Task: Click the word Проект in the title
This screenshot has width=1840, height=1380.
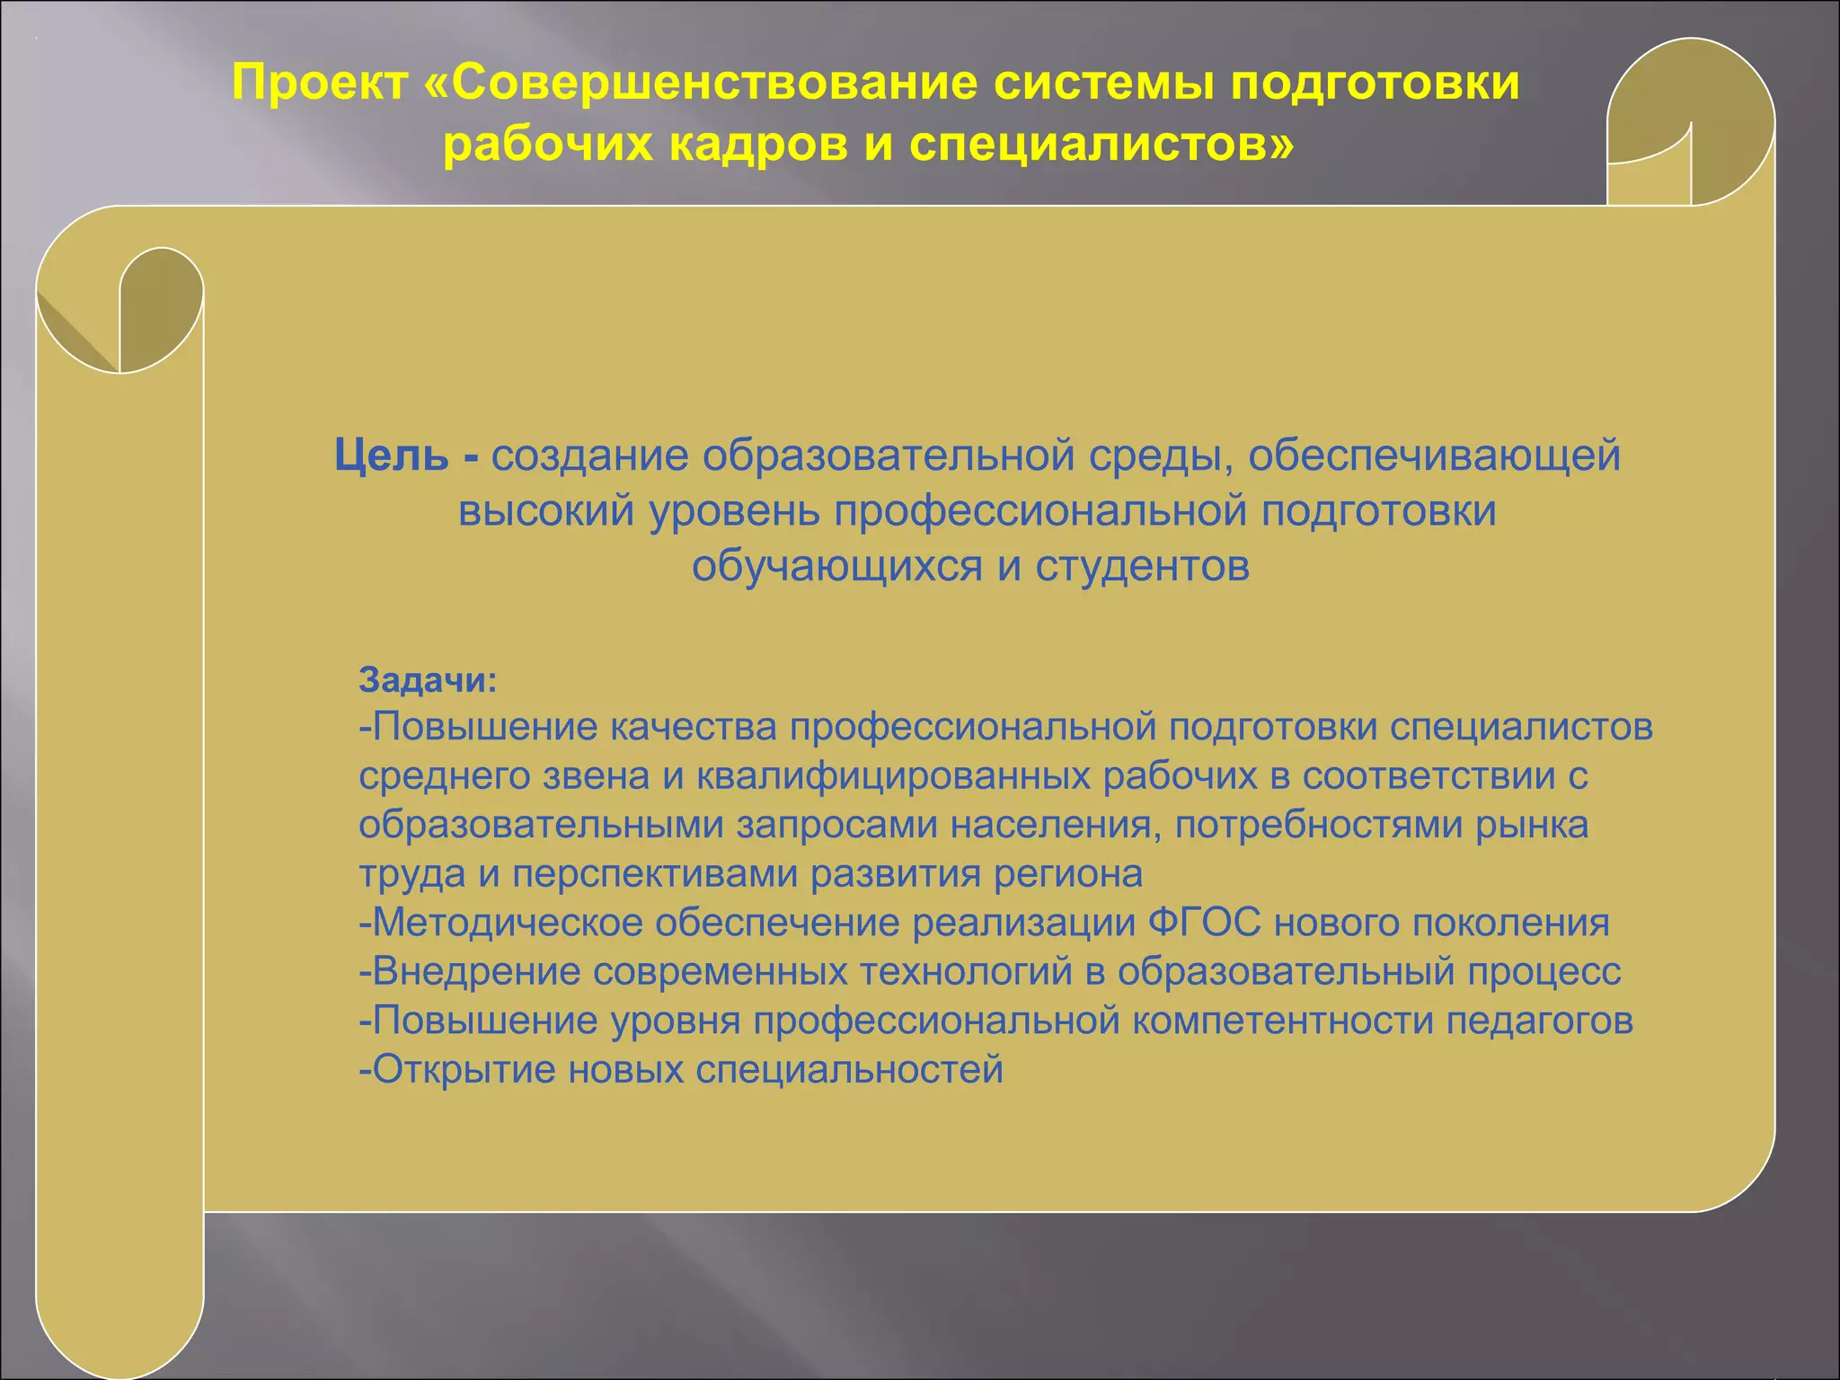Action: (320, 84)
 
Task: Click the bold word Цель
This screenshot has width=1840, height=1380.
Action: (391, 456)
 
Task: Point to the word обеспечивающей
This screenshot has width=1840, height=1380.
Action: (1434, 456)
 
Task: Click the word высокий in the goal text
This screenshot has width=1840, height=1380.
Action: (546, 511)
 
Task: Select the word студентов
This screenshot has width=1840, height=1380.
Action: (1142, 567)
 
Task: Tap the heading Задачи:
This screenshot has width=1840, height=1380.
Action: (428, 680)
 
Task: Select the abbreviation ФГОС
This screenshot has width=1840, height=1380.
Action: (1204, 923)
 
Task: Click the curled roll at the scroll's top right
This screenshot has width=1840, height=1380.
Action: (1689, 121)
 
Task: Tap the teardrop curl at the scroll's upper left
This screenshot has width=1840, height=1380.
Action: (160, 309)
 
